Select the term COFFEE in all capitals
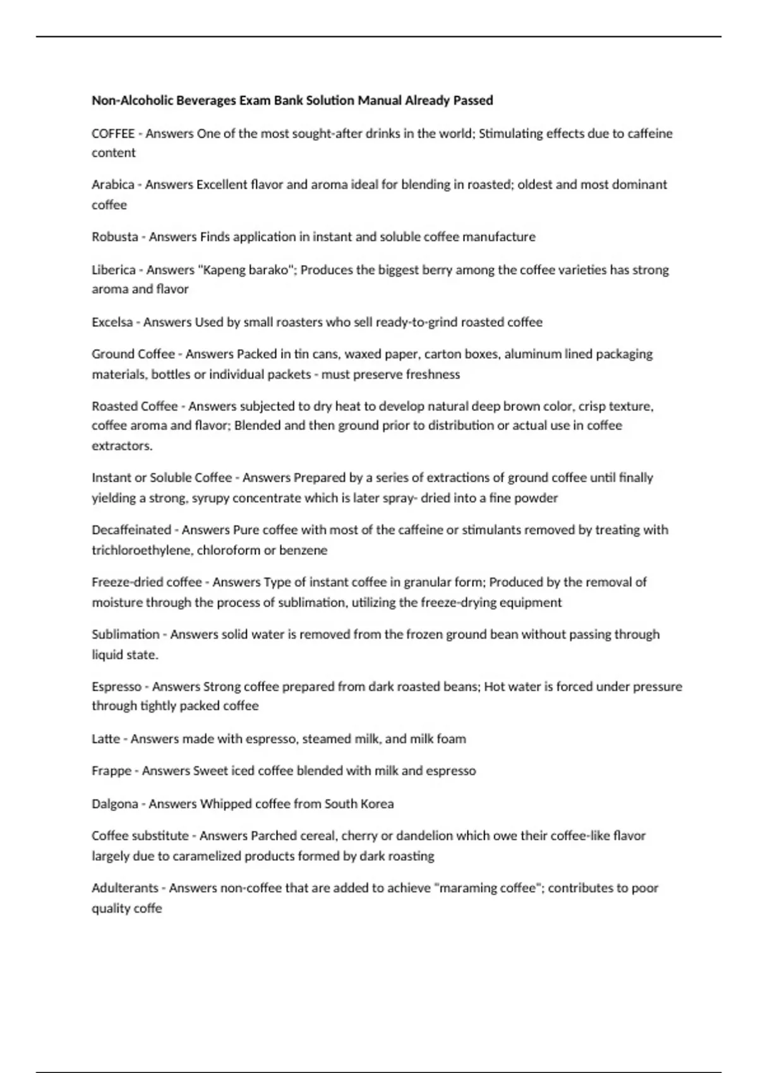tap(113, 134)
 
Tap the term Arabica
tap(113, 185)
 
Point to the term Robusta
tap(115, 237)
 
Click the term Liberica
tap(114, 270)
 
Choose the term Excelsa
tap(112, 323)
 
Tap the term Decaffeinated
tap(131, 530)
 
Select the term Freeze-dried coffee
tap(147, 582)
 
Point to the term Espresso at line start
tap(116, 687)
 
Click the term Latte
tap(105, 739)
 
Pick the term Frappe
tap(111, 771)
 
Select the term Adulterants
tap(125, 888)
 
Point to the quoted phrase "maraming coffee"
tap(485, 888)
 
